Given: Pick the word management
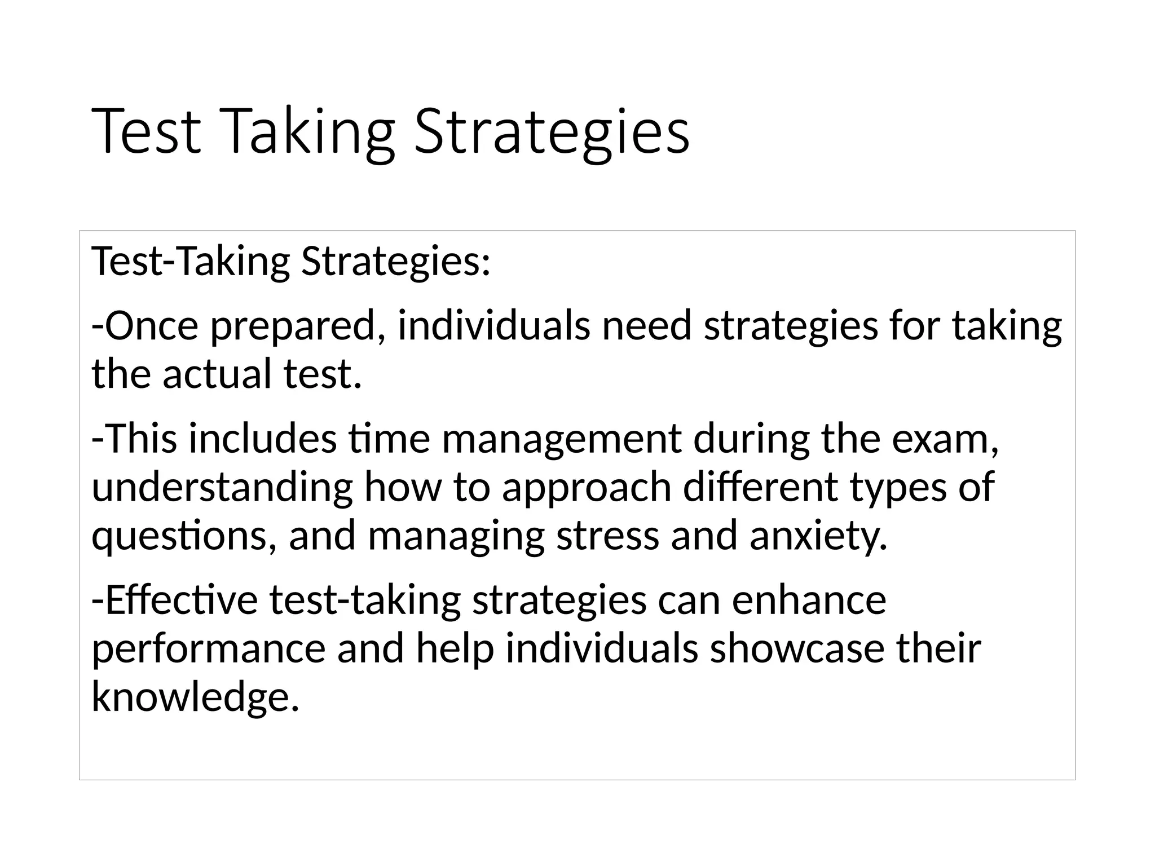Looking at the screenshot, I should (561, 440).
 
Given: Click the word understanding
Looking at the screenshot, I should (222, 487).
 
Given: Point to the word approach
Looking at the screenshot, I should (587, 488).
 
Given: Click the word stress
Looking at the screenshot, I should (607, 536).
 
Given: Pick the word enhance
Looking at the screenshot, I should (809, 600).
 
